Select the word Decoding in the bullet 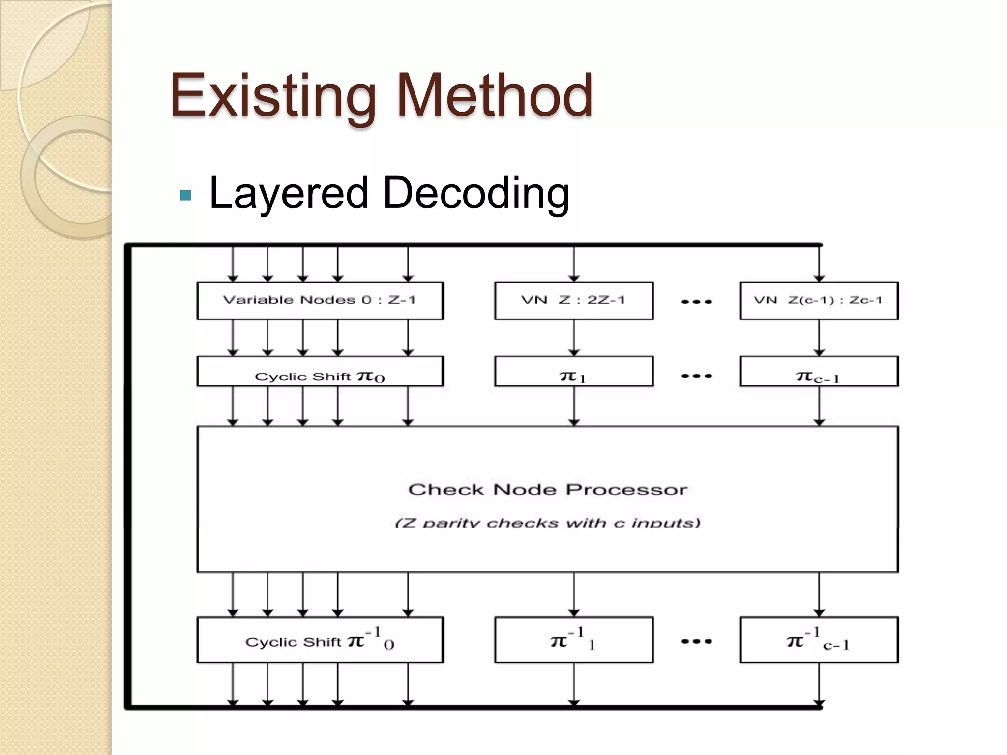pyautogui.click(x=476, y=193)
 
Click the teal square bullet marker pyautogui.click(x=185, y=196)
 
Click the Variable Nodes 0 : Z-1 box pyautogui.click(x=320, y=300)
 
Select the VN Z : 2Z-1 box pyautogui.click(x=574, y=300)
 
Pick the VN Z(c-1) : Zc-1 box pyautogui.click(x=819, y=300)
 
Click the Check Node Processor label pyautogui.click(x=548, y=490)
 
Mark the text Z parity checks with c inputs pyautogui.click(x=548, y=523)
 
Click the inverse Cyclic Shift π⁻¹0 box pyautogui.click(x=320, y=640)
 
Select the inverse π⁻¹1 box pyautogui.click(x=574, y=640)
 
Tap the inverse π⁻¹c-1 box pyautogui.click(x=819, y=640)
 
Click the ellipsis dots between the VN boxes pyautogui.click(x=697, y=301)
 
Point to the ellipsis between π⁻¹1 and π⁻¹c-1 pyautogui.click(x=697, y=641)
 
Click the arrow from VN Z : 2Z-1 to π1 pyautogui.click(x=574, y=338)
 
